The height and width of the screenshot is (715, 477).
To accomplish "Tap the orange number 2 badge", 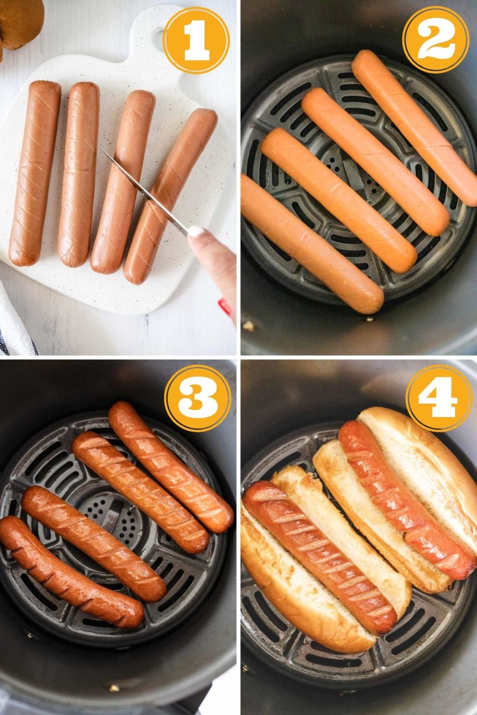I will coord(436,40).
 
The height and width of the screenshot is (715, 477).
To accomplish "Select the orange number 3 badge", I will coord(198,398).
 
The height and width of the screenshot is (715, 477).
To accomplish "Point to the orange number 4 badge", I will coord(438,398).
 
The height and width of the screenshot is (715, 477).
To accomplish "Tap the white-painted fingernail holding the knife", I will coord(196,231).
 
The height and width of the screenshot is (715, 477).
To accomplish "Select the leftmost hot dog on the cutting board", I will coord(35,172).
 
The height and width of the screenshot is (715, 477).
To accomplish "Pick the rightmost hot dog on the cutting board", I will coord(170,196).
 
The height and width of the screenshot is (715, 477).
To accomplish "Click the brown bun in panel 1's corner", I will coord(21,21).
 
